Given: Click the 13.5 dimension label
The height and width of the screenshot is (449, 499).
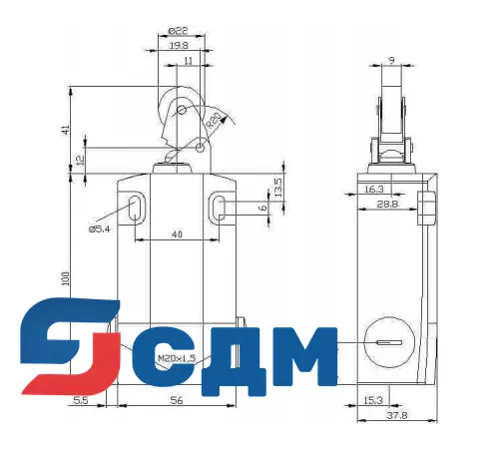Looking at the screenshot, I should click(278, 187).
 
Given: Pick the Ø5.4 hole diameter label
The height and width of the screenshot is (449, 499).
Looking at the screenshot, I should click(100, 228).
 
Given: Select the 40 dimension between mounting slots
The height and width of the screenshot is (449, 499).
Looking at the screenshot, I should click(177, 235).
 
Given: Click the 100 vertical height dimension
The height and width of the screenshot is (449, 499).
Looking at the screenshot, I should click(64, 278).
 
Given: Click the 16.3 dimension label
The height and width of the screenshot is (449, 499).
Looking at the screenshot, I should click(374, 189).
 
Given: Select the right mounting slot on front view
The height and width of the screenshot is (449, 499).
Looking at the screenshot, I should click(221, 208).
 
